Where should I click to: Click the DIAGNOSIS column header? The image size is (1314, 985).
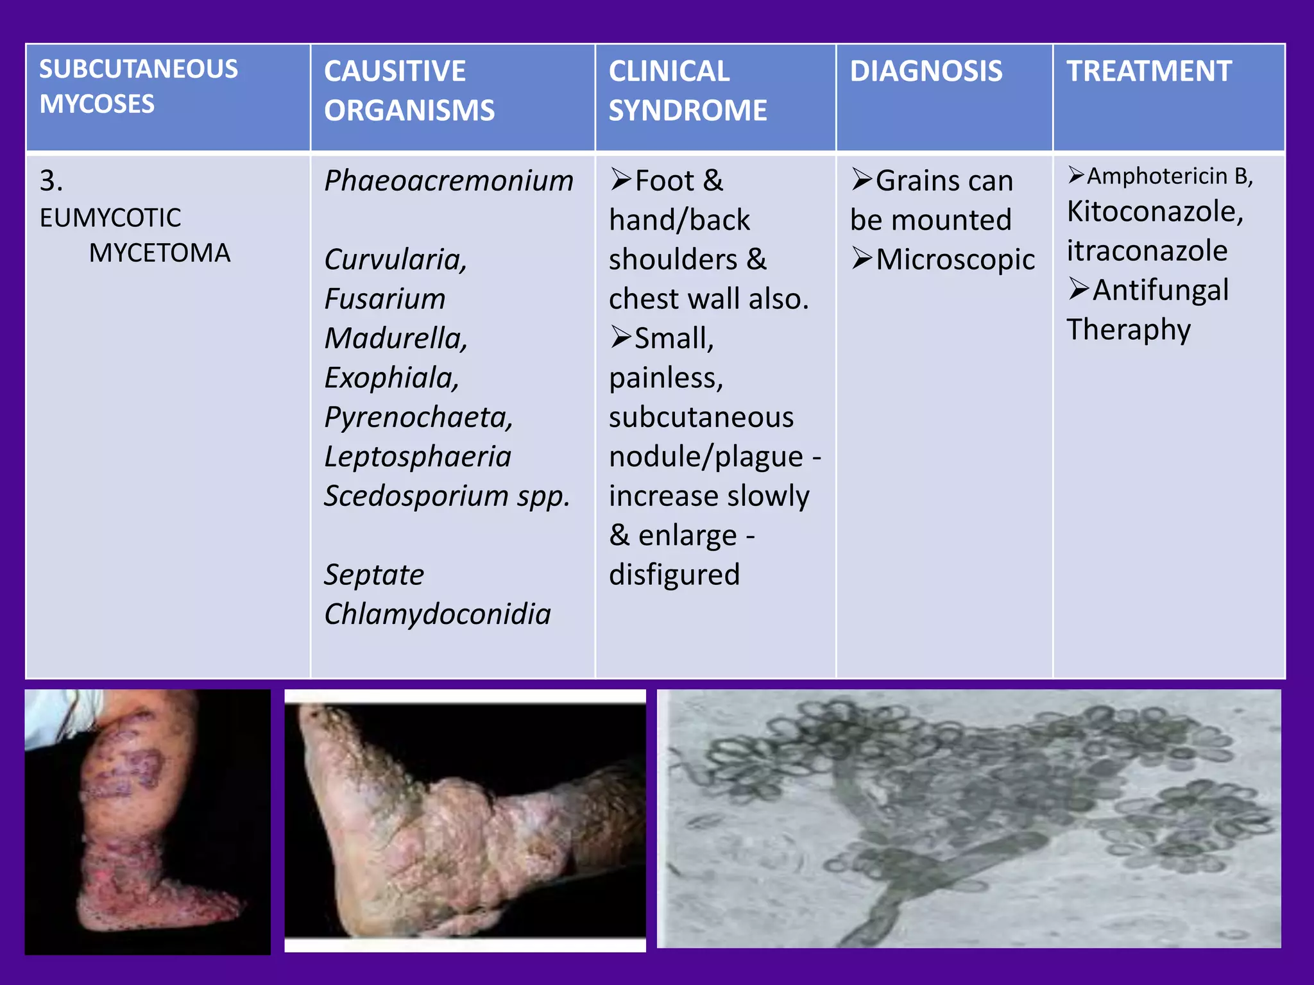(x=926, y=71)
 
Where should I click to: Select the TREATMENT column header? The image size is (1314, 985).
(x=1148, y=71)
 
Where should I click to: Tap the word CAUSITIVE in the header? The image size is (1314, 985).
(x=395, y=71)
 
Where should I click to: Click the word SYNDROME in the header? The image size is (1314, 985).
(x=687, y=110)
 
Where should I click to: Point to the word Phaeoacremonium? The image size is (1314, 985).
(x=448, y=181)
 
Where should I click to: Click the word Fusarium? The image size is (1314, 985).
(x=384, y=299)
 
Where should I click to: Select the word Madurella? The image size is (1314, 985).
(x=395, y=339)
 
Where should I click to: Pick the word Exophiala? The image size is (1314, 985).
(x=391, y=378)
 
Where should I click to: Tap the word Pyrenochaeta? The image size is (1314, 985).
(x=418, y=417)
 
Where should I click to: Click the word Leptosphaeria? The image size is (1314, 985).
(x=418, y=457)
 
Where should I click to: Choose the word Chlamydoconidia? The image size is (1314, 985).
(x=437, y=614)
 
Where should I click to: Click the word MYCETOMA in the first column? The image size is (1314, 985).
(x=159, y=253)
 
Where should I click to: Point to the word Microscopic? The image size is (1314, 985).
(x=955, y=260)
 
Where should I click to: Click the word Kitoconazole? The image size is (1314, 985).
(x=1154, y=212)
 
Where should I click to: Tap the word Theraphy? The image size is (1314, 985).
(x=1128, y=330)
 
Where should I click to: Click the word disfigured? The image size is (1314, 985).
(x=674, y=575)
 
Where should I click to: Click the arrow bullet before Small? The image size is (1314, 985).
(x=620, y=337)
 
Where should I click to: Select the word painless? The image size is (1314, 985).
(x=665, y=378)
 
